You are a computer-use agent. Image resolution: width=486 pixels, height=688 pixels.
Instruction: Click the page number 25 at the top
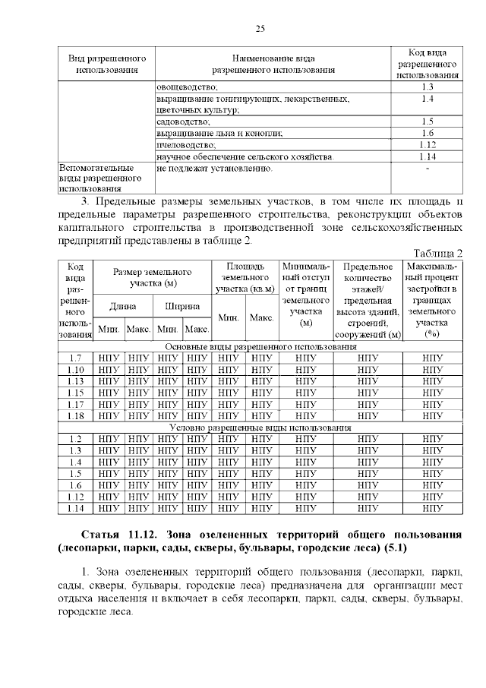259,29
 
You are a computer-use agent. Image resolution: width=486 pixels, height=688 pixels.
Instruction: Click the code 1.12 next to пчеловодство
427,144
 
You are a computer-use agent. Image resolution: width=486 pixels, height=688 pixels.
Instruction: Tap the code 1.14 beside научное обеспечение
427,156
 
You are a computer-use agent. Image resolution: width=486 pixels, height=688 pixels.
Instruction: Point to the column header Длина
122,306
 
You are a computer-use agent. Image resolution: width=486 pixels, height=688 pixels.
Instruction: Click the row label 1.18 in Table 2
75,415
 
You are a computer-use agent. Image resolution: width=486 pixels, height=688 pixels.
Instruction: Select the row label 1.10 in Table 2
75,370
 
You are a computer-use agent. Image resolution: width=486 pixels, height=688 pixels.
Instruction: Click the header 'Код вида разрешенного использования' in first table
427,64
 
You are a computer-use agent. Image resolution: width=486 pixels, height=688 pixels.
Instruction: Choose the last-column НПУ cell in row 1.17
432,404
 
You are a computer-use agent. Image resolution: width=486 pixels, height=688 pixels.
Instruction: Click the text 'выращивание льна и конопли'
208,133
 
